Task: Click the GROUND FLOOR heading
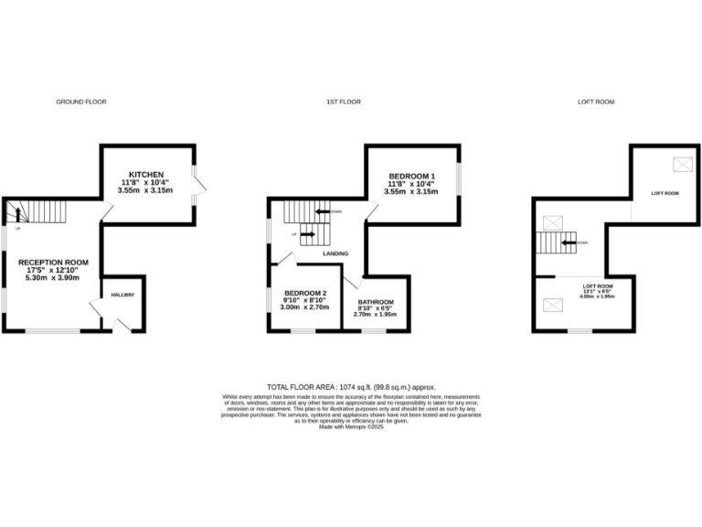click(81, 102)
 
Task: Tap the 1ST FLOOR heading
click(342, 102)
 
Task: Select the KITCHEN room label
click(145, 174)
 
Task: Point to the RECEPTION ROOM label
click(53, 263)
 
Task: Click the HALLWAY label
click(122, 295)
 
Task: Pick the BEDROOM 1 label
click(411, 176)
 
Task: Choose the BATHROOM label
click(376, 302)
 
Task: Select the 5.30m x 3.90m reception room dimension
click(53, 279)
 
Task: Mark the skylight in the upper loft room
click(682, 165)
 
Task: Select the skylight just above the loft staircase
click(551, 222)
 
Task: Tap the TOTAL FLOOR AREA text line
click(351, 388)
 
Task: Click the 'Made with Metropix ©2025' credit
click(351, 427)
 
